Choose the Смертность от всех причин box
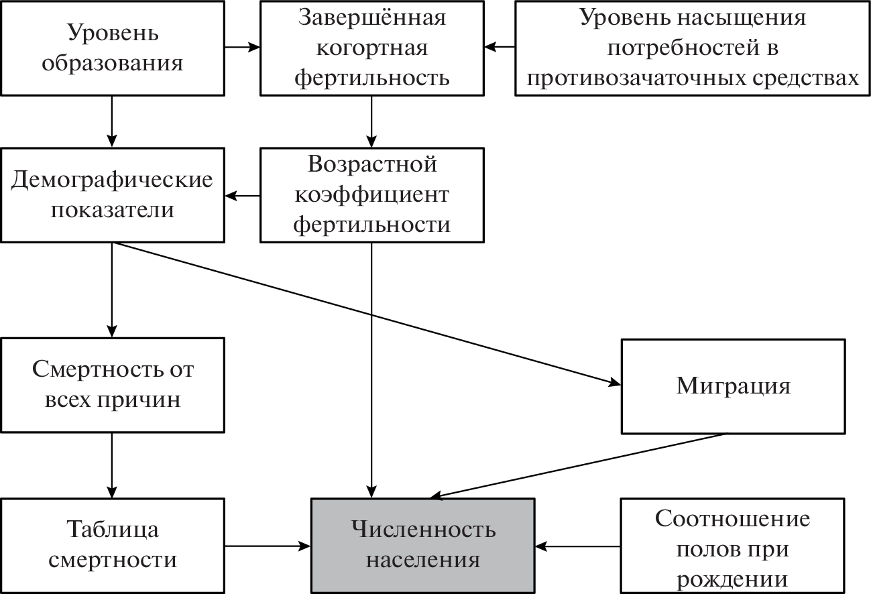point(112,385)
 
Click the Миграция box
point(733,385)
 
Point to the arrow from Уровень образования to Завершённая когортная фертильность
point(241,47)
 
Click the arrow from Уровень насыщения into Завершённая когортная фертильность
point(500,47)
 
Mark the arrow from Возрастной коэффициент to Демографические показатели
point(242,196)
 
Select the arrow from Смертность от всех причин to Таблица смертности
point(112,465)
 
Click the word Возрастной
point(372,164)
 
